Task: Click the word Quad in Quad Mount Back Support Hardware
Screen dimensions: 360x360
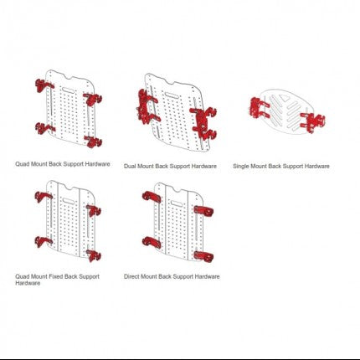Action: (x=22, y=164)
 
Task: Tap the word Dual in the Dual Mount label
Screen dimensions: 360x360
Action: (x=130, y=167)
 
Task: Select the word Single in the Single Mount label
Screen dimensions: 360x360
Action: (x=240, y=167)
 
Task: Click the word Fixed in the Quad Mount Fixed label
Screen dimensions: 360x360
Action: (x=56, y=276)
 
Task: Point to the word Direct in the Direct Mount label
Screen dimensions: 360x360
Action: (x=131, y=276)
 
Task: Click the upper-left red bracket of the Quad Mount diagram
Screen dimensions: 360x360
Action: (x=44, y=85)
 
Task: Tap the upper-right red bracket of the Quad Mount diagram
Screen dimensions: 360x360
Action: (x=93, y=100)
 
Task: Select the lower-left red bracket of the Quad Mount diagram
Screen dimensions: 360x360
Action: (x=44, y=129)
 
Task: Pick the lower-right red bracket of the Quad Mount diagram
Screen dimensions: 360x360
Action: (x=94, y=141)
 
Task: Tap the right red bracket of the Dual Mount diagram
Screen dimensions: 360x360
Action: (x=203, y=124)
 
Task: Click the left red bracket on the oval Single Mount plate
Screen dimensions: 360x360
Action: (x=259, y=108)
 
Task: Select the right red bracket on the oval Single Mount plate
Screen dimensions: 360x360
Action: (x=312, y=122)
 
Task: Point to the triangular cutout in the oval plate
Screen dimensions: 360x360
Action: (x=285, y=99)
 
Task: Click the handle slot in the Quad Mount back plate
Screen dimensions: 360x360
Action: (x=67, y=90)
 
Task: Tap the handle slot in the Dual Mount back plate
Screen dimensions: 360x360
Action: (x=172, y=95)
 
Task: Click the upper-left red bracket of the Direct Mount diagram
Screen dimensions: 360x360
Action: (x=152, y=197)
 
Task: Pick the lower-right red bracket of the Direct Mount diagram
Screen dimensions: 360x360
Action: (x=203, y=256)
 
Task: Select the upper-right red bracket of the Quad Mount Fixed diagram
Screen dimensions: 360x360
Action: (x=93, y=211)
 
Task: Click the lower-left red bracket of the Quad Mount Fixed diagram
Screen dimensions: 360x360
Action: (x=44, y=242)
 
